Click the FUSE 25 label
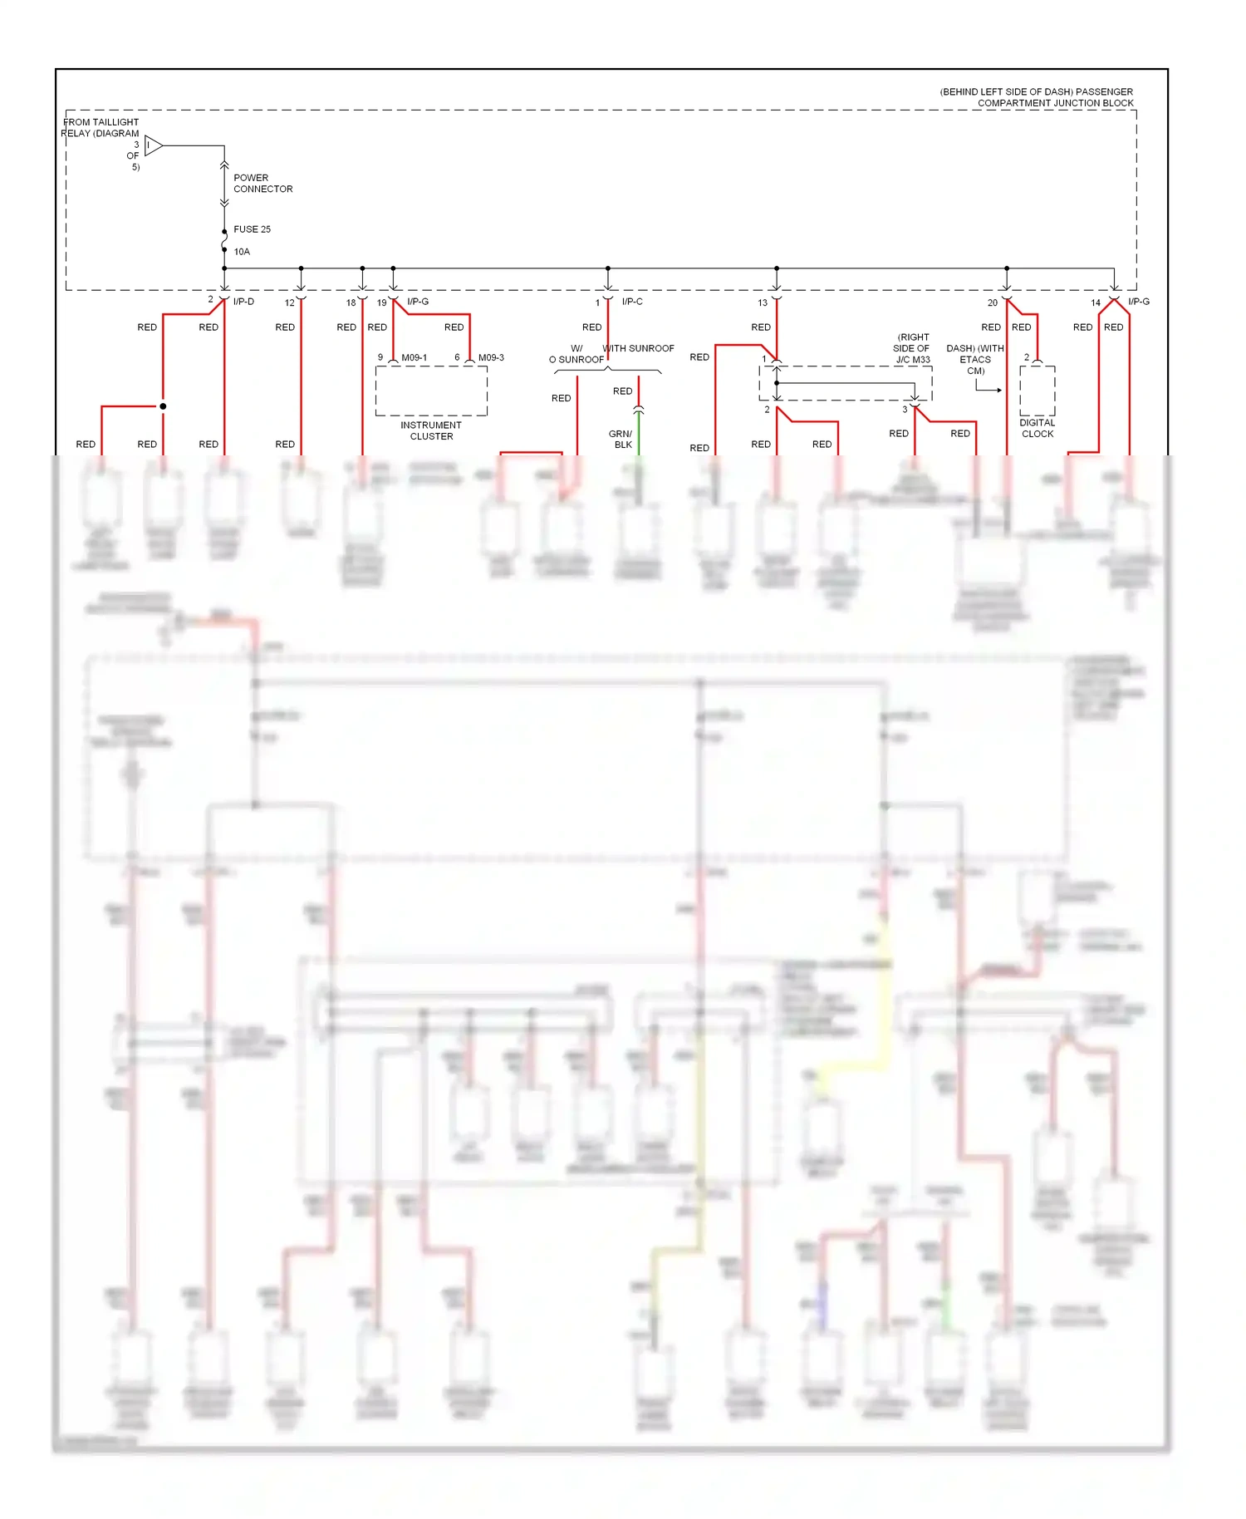pos(252,229)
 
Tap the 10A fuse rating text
pos(242,252)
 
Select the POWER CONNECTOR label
pos(262,184)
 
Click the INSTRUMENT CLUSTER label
pos(431,430)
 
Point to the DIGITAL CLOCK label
pos(1038,428)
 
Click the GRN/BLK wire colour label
pos(621,439)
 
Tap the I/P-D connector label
pos(243,302)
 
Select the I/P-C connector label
pos(632,302)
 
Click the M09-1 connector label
pos(414,358)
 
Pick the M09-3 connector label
pos(491,358)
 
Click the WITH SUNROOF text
pos(639,348)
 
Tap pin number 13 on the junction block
pos(763,303)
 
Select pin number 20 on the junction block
pos(993,303)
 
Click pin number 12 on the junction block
pos(289,303)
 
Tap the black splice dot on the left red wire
pos(163,406)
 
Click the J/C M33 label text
pos(913,360)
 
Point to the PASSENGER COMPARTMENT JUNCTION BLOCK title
pos(1037,97)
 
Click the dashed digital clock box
pos(1038,391)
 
